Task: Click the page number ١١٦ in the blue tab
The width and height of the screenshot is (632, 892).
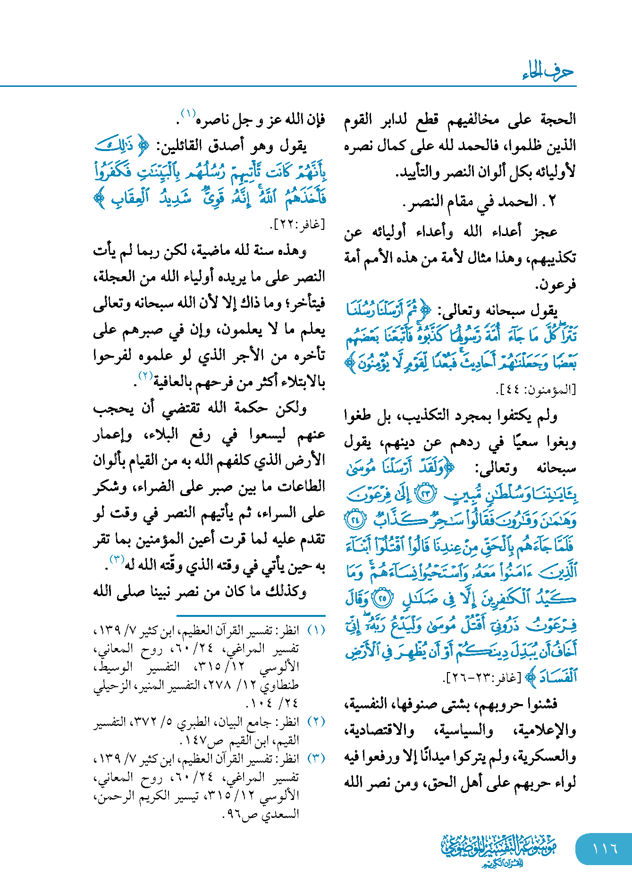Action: point(605,849)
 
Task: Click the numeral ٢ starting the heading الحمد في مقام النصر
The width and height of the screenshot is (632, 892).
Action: point(553,202)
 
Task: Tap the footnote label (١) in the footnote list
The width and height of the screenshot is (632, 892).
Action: point(316,630)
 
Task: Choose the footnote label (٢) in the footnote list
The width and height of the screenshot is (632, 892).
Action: point(316,722)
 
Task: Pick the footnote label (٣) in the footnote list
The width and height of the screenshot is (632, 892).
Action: point(316,758)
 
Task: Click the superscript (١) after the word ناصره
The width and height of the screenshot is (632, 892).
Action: point(188,114)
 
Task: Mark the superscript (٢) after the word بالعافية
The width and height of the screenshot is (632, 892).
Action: point(144,376)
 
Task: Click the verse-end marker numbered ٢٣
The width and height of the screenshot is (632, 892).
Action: point(426,493)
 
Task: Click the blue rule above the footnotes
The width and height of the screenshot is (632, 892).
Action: point(251,615)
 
